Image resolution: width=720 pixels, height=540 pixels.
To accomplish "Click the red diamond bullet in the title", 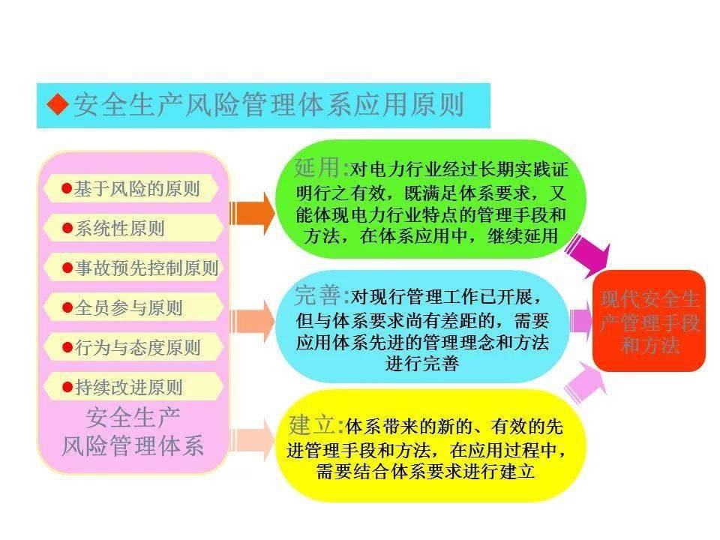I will click(x=57, y=104).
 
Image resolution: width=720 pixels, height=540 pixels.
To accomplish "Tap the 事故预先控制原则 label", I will click(x=146, y=268).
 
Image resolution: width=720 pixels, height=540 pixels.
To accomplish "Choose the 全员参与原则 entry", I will click(x=128, y=307).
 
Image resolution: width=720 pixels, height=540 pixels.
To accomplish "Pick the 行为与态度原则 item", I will click(x=137, y=347).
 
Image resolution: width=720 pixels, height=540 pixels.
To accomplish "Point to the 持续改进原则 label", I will click(x=128, y=387).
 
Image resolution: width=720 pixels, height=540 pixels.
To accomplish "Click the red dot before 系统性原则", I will click(x=67, y=228).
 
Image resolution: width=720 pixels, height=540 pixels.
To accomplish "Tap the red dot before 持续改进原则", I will click(x=67, y=387).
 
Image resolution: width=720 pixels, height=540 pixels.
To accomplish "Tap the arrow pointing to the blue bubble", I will click(x=252, y=322).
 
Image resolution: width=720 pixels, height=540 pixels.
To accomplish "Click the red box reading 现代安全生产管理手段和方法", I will click(x=649, y=321).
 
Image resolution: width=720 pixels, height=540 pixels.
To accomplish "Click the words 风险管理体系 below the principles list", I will click(x=133, y=445).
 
